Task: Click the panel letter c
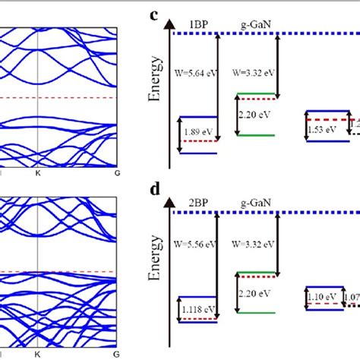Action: point(154,14)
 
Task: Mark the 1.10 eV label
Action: point(324,295)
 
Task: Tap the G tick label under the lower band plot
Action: point(116,353)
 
